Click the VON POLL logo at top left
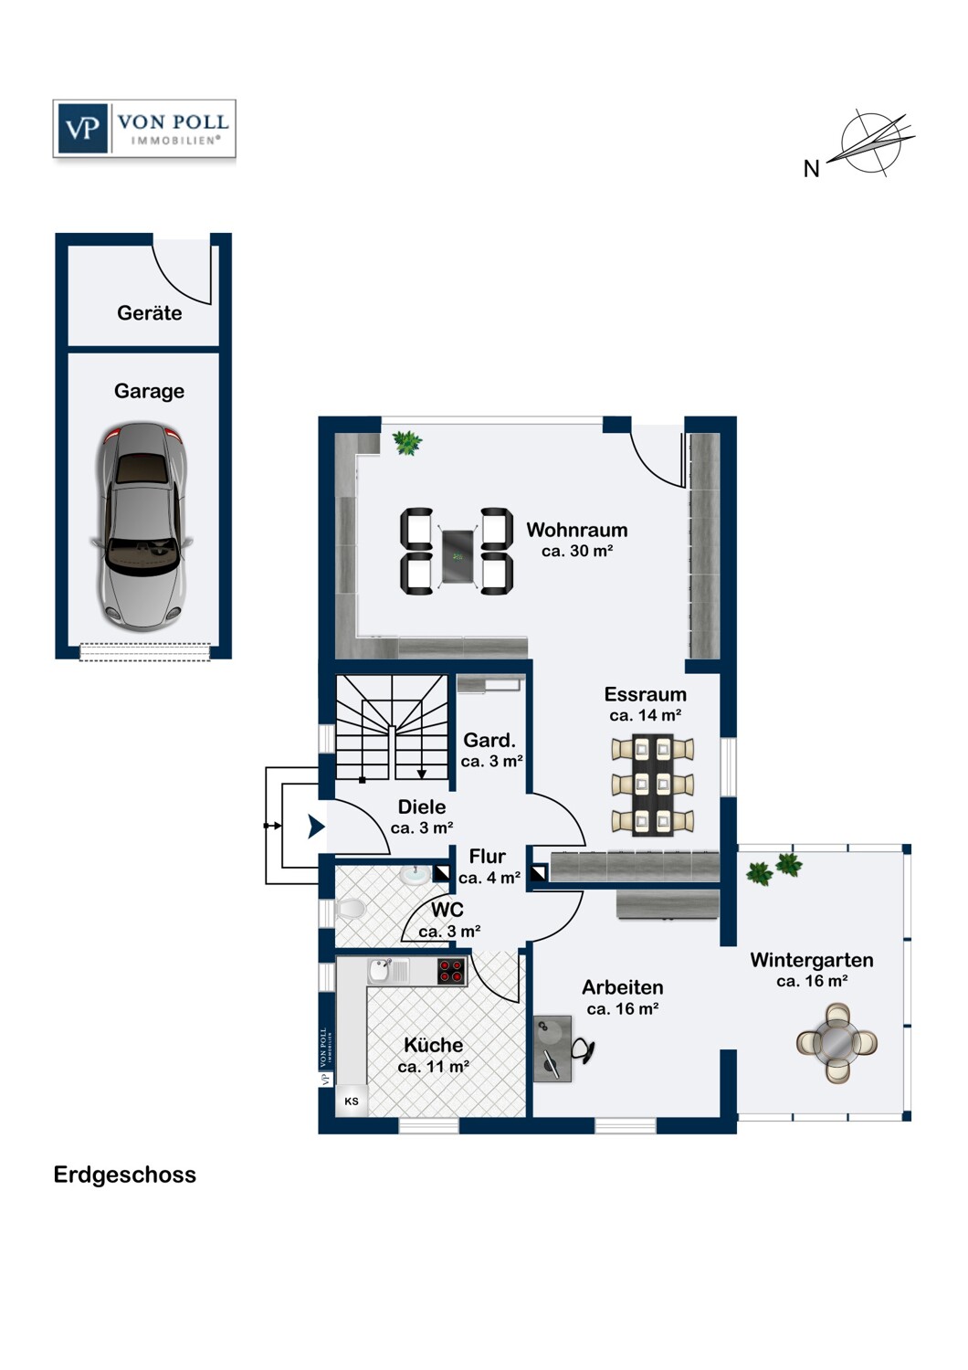144,129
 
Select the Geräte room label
149,313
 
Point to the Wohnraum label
576,530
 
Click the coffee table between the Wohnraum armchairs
457,552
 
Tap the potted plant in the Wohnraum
406,443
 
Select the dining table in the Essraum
653,785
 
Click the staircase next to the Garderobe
392,727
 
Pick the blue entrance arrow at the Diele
316,827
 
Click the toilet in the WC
350,909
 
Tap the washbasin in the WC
416,875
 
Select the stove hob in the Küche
452,971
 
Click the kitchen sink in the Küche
381,970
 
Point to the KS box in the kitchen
352,1101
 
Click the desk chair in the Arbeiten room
584,1051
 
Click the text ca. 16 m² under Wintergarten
812,982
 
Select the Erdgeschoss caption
124,1175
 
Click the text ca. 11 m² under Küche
434,1067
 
